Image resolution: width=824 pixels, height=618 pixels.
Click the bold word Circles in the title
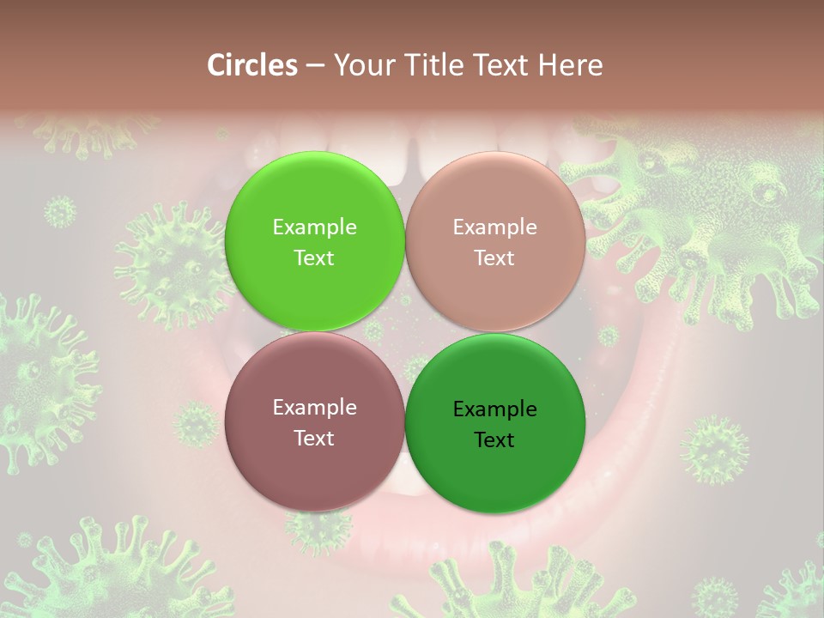tap(251, 65)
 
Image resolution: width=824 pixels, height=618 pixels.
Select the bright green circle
tap(314, 241)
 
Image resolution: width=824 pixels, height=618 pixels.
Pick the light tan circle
tap(494, 241)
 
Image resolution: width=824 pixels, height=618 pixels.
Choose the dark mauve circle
tap(314, 421)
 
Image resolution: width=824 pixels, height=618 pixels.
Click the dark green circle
tap(494, 423)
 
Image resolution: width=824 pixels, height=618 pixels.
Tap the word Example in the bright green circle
tap(314, 227)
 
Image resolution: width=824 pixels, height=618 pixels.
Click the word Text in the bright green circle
tap(314, 257)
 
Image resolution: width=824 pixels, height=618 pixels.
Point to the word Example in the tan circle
tap(494, 227)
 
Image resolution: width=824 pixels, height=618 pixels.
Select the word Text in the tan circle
tap(494, 257)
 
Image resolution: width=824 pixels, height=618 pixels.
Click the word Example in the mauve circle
tap(314, 407)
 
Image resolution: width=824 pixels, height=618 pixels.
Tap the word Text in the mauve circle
tap(314, 438)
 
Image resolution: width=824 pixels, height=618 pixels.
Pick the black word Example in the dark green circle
tap(494, 409)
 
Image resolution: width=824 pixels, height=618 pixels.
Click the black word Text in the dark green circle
tap(494, 439)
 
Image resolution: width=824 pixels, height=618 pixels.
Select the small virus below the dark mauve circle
tap(318, 528)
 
